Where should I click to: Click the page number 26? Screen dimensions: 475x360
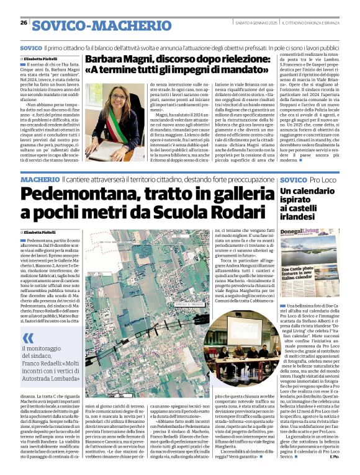coord(24,23)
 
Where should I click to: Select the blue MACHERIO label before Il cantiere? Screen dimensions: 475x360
coord(40,179)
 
